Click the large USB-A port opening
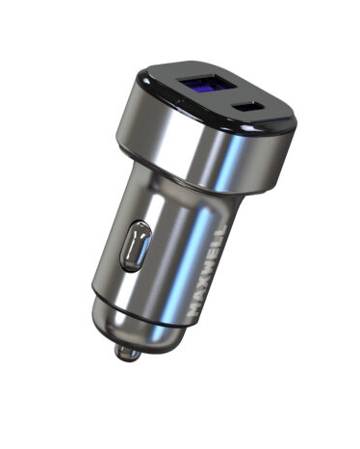[x=208, y=85]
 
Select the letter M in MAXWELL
[x=195, y=309]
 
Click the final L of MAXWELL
[x=222, y=228]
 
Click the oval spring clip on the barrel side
[x=136, y=247]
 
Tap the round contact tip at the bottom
[x=127, y=353]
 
